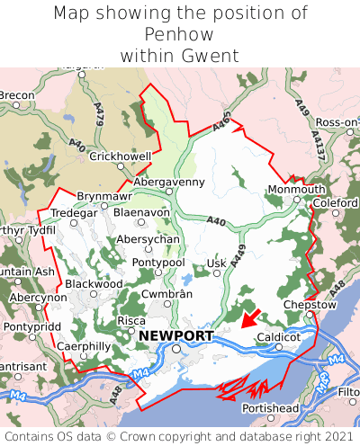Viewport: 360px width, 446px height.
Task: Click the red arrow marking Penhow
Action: (x=250, y=317)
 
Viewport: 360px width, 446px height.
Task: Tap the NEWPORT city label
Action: (x=176, y=336)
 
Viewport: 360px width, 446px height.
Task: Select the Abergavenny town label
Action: (x=169, y=182)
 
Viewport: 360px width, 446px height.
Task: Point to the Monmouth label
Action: (x=297, y=190)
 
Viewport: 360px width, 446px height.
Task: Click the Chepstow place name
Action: (x=309, y=305)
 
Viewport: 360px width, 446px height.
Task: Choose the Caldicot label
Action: (x=277, y=337)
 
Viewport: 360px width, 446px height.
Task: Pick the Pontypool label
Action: (x=158, y=262)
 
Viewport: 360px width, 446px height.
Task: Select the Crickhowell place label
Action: (x=120, y=156)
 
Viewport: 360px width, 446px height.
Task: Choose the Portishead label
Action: (x=271, y=408)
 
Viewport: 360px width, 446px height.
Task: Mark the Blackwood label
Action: (x=94, y=283)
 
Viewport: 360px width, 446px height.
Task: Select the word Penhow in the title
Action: (x=179, y=35)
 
